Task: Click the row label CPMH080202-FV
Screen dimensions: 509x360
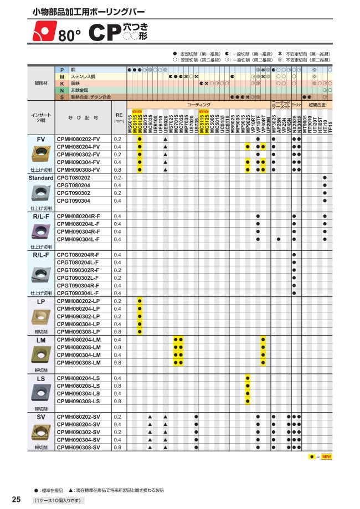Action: pyautogui.click(x=79, y=138)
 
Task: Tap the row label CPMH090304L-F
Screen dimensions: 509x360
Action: pyautogui.click(x=79, y=239)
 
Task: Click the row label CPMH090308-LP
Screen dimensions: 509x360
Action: pyautogui.click(x=79, y=332)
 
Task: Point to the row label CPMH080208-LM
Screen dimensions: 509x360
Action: pyautogui.click(x=79, y=347)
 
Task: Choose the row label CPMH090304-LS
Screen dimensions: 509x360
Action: pyautogui.click(x=79, y=393)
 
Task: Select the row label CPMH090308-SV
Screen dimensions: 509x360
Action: pyautogui.click(x=79, y=447)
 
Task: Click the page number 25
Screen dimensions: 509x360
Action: pyautogui.click(x=16, y=500)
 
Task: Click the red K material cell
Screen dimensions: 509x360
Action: pyautogui.click(x=62, y=83)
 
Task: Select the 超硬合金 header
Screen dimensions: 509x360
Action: pyautogui.click(x=317, y=104)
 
